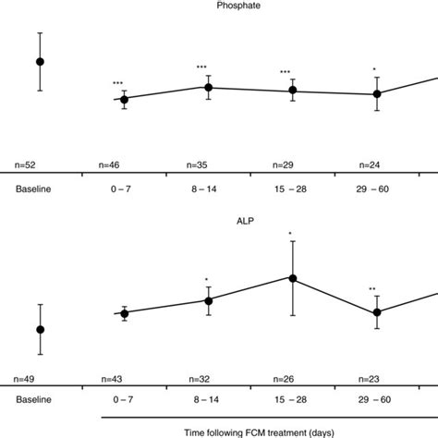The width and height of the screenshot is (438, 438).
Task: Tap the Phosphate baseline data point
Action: coord(40,61)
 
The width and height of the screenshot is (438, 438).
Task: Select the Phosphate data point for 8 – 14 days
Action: coord(209,88)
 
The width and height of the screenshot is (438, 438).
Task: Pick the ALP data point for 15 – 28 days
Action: coord(293,278)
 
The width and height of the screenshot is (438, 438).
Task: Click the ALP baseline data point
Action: coord(40,329)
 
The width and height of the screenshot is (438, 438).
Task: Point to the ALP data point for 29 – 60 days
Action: coord(377,312)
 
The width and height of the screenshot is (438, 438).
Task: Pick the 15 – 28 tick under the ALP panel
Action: coord(291,401)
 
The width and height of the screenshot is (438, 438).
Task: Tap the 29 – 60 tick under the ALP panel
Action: coord(375,401)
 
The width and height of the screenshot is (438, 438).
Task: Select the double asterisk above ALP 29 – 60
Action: coord(371,289)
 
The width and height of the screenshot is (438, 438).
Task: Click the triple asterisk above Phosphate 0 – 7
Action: coord(118,84)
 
